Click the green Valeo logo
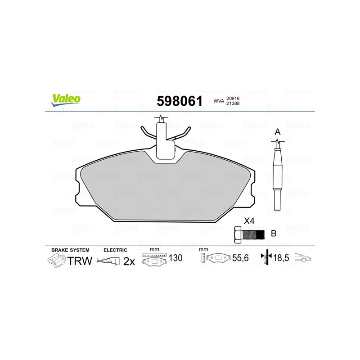point(66,100)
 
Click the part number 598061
point(180,101)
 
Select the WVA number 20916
point(233,99)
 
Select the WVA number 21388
point(233,103)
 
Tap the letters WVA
point(219,101)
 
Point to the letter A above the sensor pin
point(278,132)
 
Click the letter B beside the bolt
point(274,234)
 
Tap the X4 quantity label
point(249,221)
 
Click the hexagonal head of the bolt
point(238,234)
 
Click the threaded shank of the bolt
point(254,234)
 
